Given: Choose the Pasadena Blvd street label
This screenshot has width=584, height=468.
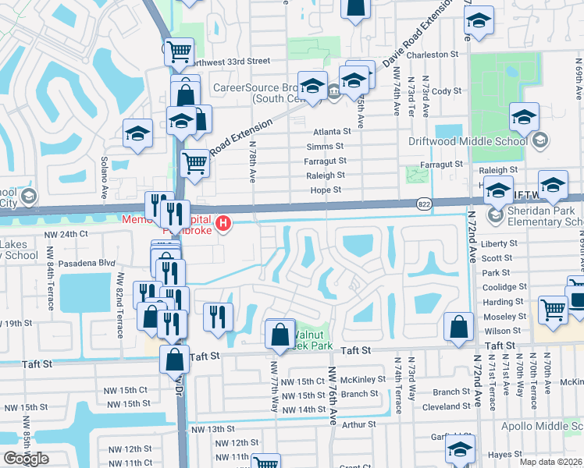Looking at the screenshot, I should click(86, 264).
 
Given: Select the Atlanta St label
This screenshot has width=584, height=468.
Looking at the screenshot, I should click(329, 132).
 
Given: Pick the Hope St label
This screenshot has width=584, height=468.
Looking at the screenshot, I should click(326, 190).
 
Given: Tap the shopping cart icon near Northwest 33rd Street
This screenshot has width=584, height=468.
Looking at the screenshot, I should click(180, 51).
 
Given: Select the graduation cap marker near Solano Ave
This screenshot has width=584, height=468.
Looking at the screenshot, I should click(137, 133).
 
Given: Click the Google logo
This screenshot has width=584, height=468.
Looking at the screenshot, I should click(26, 459).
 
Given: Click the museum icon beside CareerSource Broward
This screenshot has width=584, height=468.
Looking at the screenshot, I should click(334, 92).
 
